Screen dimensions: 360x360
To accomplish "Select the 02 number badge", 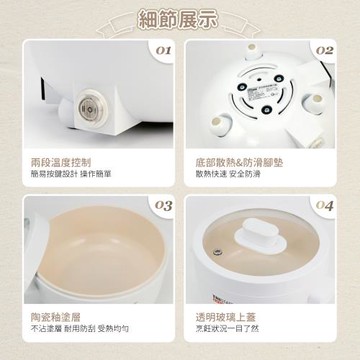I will point(325,47).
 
